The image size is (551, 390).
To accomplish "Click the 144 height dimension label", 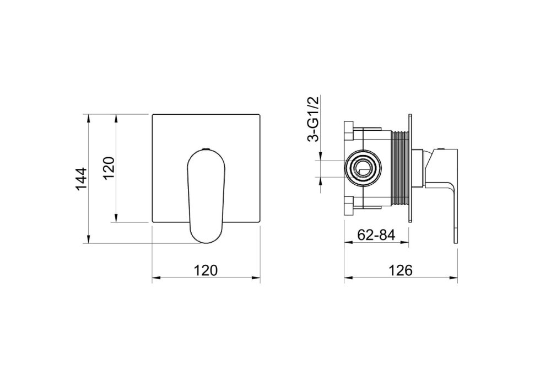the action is point(81,179).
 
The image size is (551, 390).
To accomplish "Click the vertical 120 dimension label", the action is point(110,168).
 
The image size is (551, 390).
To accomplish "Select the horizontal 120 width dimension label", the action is point(206,270).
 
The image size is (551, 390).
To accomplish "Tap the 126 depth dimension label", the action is point(400,270).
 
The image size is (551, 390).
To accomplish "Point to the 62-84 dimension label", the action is point(376,234).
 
